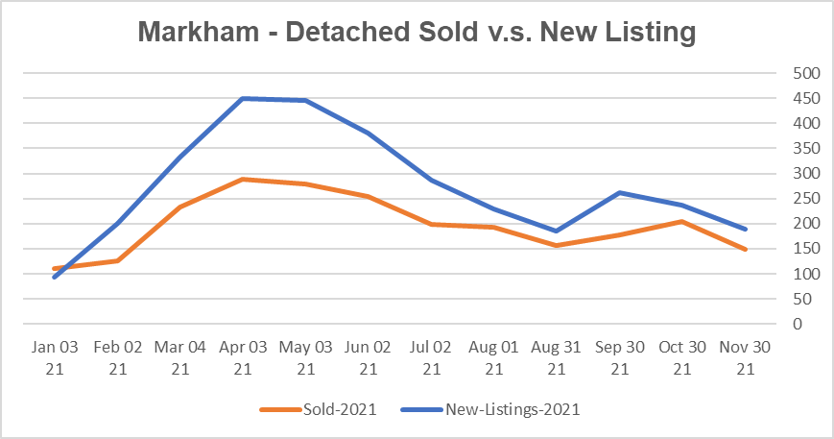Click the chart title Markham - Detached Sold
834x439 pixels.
416,31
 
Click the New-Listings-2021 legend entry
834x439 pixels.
512,409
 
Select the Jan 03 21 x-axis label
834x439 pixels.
55,355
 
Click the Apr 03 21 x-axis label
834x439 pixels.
243,355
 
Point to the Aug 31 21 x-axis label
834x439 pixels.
556,355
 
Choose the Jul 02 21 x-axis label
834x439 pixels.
431,355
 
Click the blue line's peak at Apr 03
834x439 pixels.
243,98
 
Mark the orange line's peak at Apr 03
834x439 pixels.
243,179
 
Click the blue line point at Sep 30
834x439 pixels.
618,192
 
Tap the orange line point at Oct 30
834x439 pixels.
680,221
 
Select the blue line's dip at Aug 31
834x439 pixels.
556,231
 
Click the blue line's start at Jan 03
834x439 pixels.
55,278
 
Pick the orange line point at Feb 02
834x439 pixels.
117,260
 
